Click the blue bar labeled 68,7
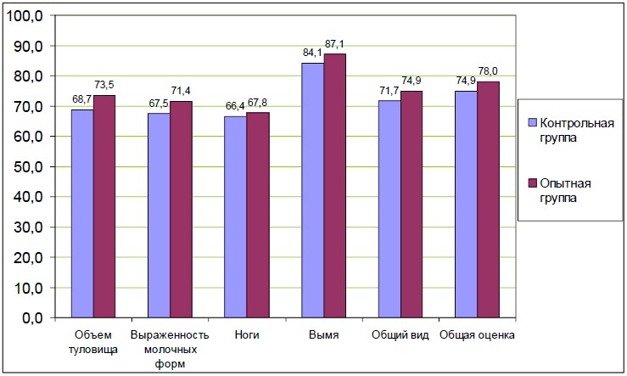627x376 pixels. (82, 213)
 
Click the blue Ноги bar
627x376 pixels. (235, 216)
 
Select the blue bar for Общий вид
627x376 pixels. (389, 209)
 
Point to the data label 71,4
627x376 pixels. (182, 89)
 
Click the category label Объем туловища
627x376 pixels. (93, 341)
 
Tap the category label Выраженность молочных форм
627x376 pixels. (170, 348)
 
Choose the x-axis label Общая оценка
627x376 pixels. (477, 335)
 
